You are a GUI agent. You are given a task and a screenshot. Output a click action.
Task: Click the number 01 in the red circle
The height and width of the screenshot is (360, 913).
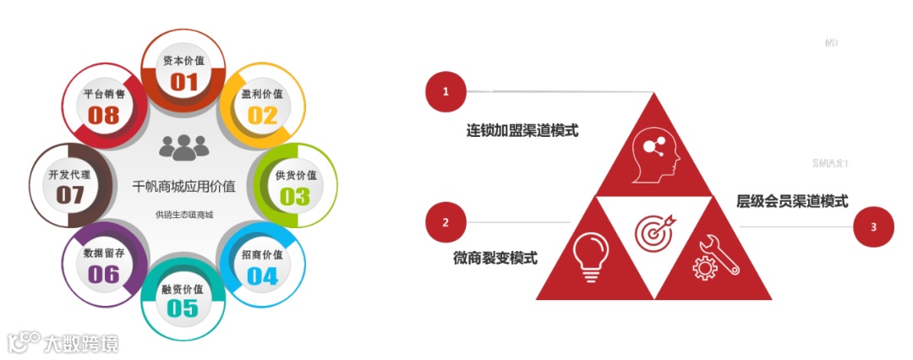(184, 81)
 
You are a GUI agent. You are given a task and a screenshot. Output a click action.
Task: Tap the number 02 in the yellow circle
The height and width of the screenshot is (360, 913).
(262, 114)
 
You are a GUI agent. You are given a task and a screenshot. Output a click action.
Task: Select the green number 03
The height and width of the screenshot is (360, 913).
(295, 196)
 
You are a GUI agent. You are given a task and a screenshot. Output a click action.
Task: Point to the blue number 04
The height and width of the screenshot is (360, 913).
(262, 275)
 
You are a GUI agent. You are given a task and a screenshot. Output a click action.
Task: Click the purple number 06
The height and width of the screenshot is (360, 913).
(104, 274)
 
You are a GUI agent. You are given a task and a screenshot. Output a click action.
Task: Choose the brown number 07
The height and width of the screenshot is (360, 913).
(70, 195)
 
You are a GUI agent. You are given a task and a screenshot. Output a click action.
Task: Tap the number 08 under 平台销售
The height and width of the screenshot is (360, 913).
(104, 115)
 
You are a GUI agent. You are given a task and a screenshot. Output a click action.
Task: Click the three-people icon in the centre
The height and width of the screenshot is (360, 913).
(183, 148)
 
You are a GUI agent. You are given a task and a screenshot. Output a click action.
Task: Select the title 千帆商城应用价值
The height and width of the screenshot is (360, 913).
(183, 185)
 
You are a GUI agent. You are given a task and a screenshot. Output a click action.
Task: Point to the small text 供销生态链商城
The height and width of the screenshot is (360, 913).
(183, 215)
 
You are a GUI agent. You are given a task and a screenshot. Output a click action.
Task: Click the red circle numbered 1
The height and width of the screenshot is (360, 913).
(446, 91)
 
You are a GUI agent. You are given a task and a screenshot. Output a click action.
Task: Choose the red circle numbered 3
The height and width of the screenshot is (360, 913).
(873, 226)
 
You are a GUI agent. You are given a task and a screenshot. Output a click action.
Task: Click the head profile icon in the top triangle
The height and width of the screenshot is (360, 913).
(654, 154)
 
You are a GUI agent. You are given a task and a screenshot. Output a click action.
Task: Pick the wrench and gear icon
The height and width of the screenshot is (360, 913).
(715, 257)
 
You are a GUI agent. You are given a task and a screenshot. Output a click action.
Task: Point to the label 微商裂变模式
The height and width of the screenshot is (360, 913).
(495, 258)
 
